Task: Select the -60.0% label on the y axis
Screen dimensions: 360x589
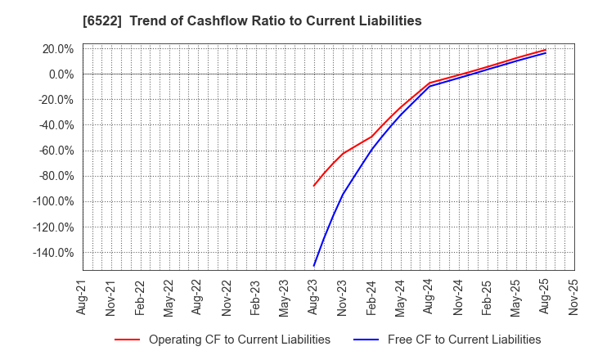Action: tap(56, 151)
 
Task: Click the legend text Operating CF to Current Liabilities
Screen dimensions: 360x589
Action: tap(239, 340)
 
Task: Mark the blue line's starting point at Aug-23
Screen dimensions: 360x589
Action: tap(314, 266)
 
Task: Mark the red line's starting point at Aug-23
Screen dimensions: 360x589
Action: tap(314, 186)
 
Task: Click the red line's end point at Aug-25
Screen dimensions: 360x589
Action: tap(546, 50)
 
